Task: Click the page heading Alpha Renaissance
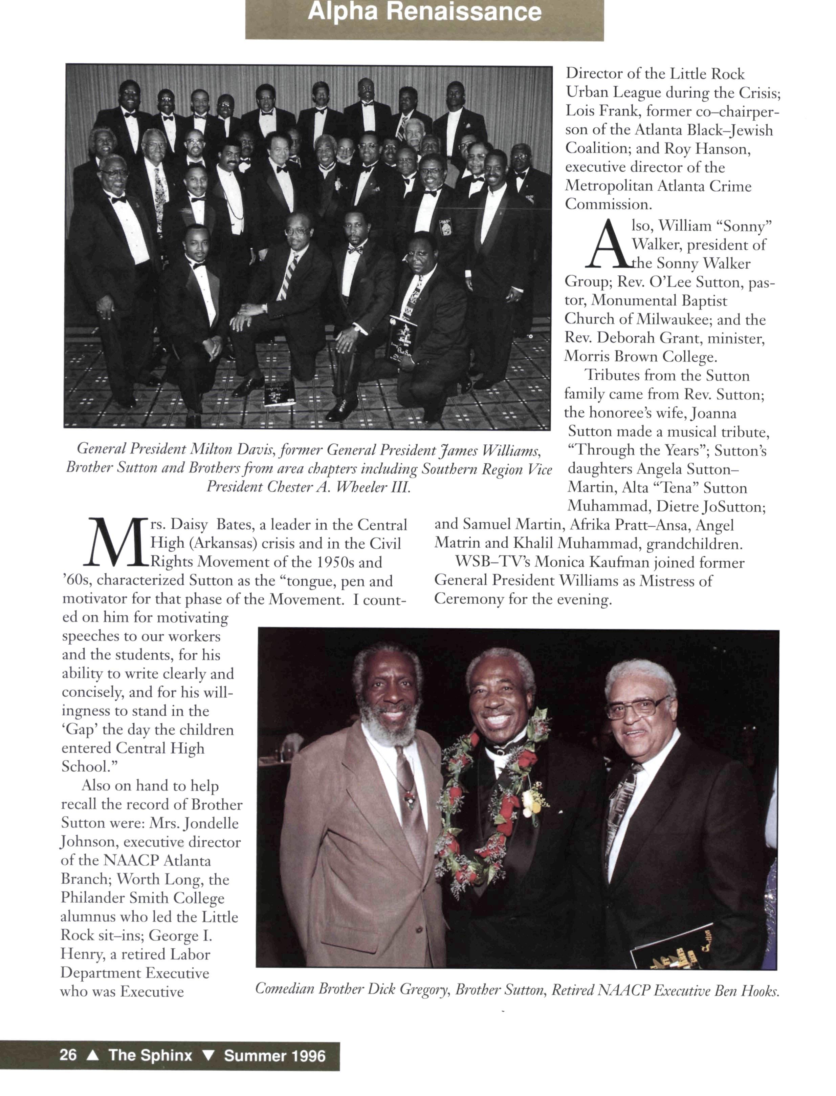pos(424,12)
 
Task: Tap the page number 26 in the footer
pos(68,1055)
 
